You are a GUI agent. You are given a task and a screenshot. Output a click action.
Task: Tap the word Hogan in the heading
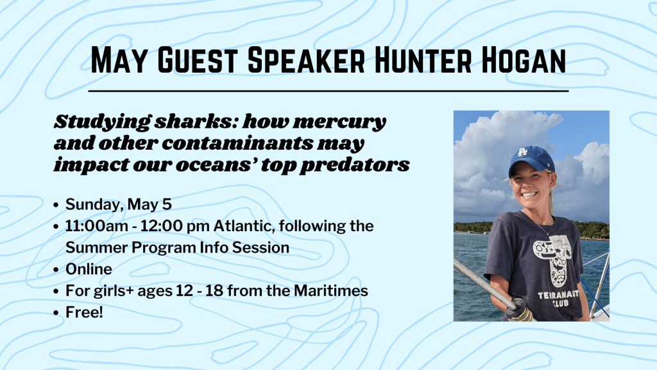pyautogui.click(x=524, y=60)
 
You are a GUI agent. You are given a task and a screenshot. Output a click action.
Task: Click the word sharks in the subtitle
pyautogui.click(x=196, y=121)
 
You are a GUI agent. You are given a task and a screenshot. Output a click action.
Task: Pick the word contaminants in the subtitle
pyautogui.click(x=237, y=143)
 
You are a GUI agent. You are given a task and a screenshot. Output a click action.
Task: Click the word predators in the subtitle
pyautogui.click(x=354, y=165)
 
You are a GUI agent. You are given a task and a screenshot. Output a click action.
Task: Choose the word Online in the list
pyautogui.click(x=89, y=269)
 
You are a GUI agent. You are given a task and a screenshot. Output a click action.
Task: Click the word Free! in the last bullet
pyautogui.click(x=84, y=312)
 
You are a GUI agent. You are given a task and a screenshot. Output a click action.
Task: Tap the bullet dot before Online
pyautogui.click(x=56, y=270)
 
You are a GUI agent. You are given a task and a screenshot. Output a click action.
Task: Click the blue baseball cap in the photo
pyautogui.click(x=531, y=161)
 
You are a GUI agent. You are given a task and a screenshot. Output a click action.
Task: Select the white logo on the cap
pyautogui.click(x=522, y=152)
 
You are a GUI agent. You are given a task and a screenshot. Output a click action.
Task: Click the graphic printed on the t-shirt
pyautogui.click(x=552, y=260)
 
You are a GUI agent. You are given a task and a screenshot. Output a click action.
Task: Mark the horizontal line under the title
pyautogui.click(x=328, y=91)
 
